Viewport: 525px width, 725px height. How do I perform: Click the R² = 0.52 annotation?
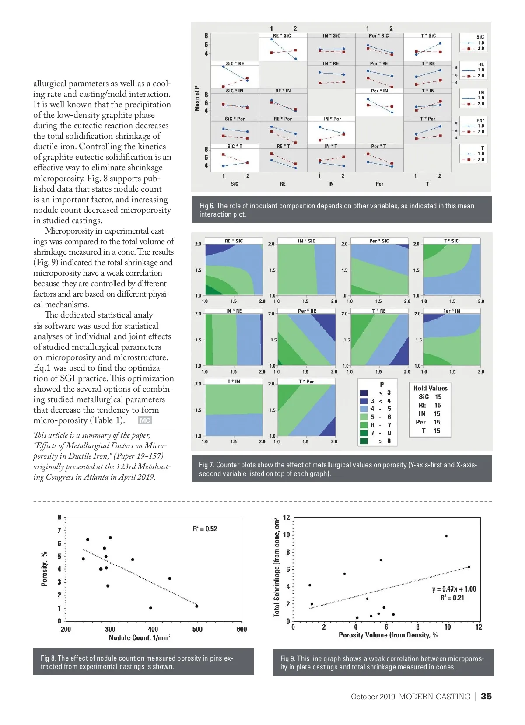[x=205, y=529]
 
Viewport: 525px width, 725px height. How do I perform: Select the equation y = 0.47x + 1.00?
[x=454, y=589]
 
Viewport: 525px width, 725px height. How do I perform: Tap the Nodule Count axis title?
[x=139, y=638]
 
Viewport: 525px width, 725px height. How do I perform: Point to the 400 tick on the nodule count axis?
[x=153, y=629]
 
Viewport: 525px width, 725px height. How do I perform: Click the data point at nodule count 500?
[x=197, y=606]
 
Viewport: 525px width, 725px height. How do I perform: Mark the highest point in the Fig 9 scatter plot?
[x=446, y=536]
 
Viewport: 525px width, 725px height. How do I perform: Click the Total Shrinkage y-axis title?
[x=276, y=567]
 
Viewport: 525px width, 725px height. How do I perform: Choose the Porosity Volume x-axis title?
[x=388, y=635]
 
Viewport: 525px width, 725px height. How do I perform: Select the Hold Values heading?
[x=430, y=388]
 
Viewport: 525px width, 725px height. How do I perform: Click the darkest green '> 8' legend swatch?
[x=364, y=441]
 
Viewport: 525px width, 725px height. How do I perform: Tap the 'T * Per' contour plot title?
[x=306, y=382]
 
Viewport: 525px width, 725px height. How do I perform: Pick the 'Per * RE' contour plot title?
[x=307, y=311]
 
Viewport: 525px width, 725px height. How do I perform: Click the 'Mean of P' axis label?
[x=197, y=98]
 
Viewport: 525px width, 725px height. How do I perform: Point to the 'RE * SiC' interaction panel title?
[x=282, y=36]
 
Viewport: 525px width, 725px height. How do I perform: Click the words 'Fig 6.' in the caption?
[x=206, y=206]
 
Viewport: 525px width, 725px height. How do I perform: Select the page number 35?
[x=486, y=696]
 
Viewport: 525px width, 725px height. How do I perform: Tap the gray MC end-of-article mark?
[x=145, y=420]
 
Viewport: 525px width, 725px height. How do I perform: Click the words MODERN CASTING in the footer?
[x=434, y=697]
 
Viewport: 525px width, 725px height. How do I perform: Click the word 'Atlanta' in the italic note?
[x=96, y=477]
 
